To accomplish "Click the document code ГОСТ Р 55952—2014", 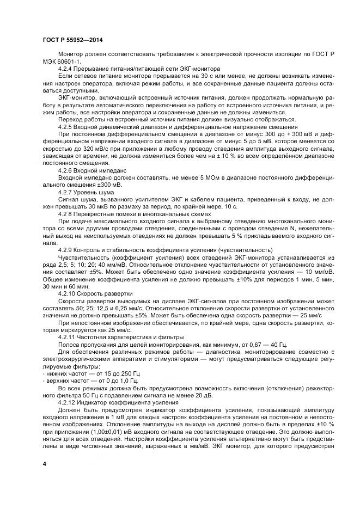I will [72, 41].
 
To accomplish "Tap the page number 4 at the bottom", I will [44, 463].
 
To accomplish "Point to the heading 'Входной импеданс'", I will [101, 170].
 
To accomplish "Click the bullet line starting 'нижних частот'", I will [83, 374].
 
